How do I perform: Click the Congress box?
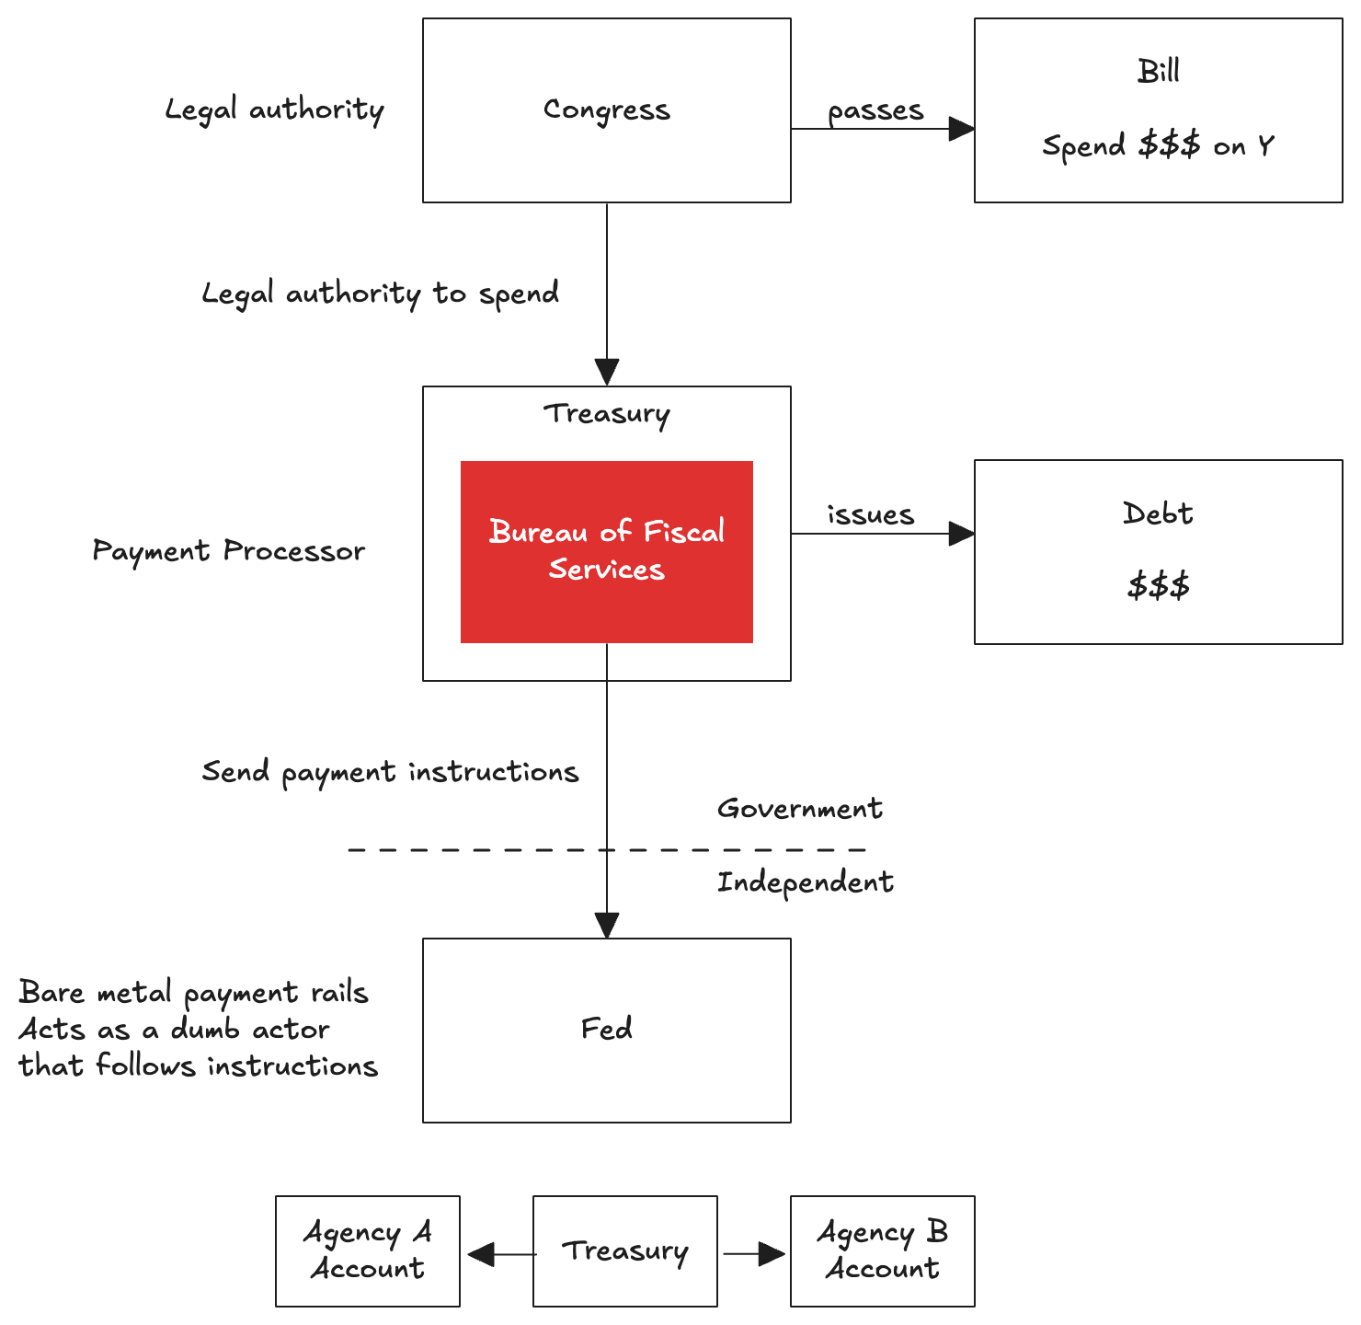tap(606, 110)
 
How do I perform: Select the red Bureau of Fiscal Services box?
tap(606, 551)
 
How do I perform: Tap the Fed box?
tap(606, 1030)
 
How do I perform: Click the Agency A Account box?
tap(367, 1250)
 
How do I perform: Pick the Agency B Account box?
tap(882, 1250)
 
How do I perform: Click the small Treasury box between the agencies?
tap(624, 1250)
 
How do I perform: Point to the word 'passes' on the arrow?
tap(875, 110)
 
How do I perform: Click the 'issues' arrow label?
tap(870, 514)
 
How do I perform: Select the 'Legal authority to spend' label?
tap(380, 294)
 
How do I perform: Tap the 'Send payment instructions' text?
tap(390, 772)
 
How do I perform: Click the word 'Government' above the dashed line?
tap(799, 809)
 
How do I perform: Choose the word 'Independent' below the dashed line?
tap(805, 882)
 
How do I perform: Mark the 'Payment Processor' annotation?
tap(228, 551)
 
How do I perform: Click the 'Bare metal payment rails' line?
tap(193, 993)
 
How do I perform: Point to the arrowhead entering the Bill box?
tap(962, 129)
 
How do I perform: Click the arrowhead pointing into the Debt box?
tap(962, 534)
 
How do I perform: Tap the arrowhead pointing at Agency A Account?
tap(480, 1254)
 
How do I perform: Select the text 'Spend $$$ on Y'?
tap(1158, 146)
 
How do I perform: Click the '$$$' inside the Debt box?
tap(1158, 585)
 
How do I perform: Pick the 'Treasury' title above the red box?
tap(606, 414)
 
